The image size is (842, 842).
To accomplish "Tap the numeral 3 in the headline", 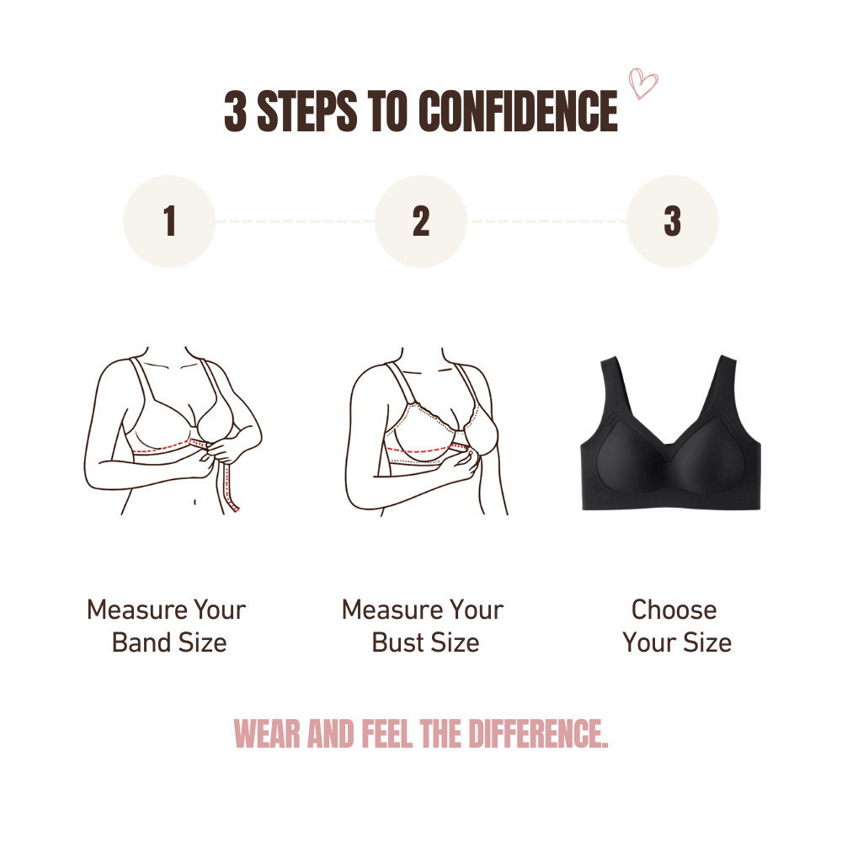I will (236, 112).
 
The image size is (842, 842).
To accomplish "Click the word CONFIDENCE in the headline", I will (517, 112).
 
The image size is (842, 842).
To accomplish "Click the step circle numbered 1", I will (169, 221).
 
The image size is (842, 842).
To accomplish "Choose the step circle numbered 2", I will (421, 221).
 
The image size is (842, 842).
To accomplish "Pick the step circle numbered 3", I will (672, 221).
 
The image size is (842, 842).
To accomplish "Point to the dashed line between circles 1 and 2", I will (295, 221).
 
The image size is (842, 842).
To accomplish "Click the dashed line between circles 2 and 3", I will (546, 221).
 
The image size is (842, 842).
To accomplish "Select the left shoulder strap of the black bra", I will (611, 396).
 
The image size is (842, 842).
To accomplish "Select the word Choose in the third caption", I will (674, 610).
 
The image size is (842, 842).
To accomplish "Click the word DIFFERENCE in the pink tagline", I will (533, 734).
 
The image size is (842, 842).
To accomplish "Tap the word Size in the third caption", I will (707, 642).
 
